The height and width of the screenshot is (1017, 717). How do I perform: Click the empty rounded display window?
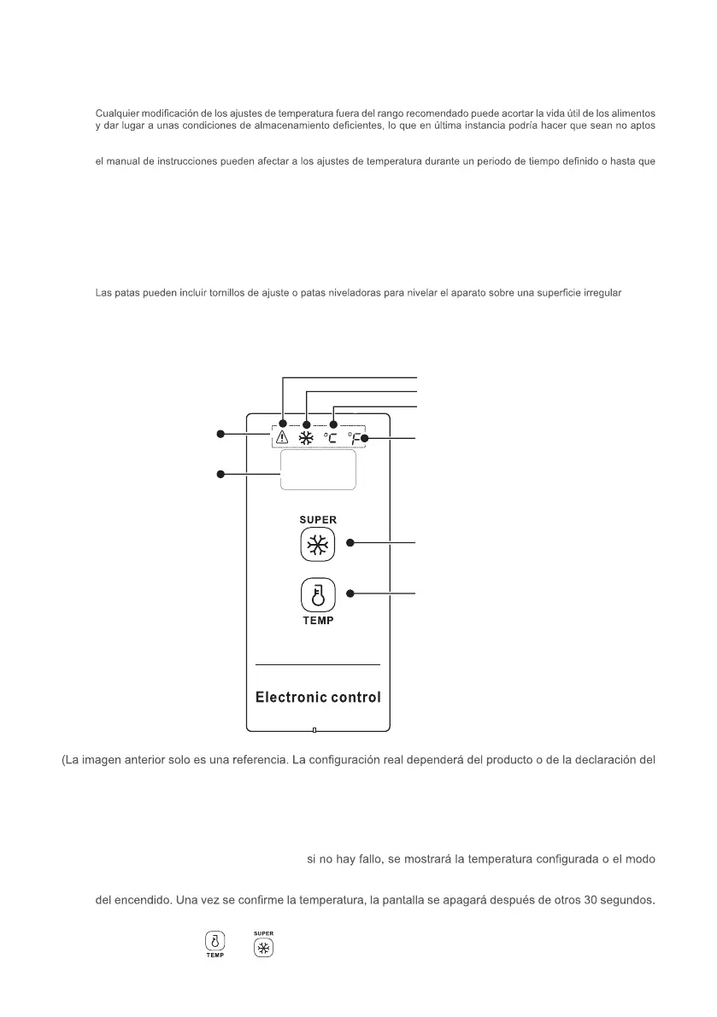[x=318, y=471]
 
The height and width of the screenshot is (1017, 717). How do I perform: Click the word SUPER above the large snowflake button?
[x=318, y=520]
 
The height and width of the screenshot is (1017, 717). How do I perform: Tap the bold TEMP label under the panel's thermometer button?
[x=318, y=621]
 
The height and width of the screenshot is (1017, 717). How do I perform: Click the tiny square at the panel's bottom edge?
[x=314, y=730]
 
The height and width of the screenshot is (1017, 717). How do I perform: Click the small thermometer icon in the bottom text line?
[x=215, y=942]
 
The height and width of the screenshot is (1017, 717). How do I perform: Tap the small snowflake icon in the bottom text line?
[x=265, y=947]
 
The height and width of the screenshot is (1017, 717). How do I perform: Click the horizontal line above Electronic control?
[x=318, y=664]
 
